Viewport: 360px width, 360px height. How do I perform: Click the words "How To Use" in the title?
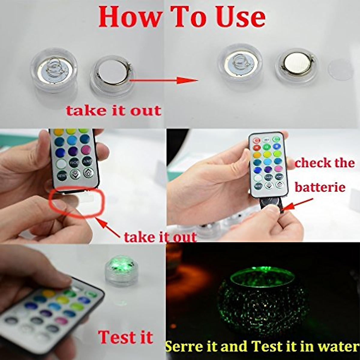[182, 17]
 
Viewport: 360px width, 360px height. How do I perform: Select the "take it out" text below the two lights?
[113, 111]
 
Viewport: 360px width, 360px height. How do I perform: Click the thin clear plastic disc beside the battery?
[340, 70]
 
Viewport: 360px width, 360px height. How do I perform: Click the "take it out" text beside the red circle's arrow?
[160, 237]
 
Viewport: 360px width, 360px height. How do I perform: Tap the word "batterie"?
[320, 187]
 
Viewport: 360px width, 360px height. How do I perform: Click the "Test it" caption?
[125, 337]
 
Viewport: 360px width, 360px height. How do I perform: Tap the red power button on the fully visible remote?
[256, 140]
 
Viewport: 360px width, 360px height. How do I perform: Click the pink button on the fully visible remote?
[278, 169]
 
